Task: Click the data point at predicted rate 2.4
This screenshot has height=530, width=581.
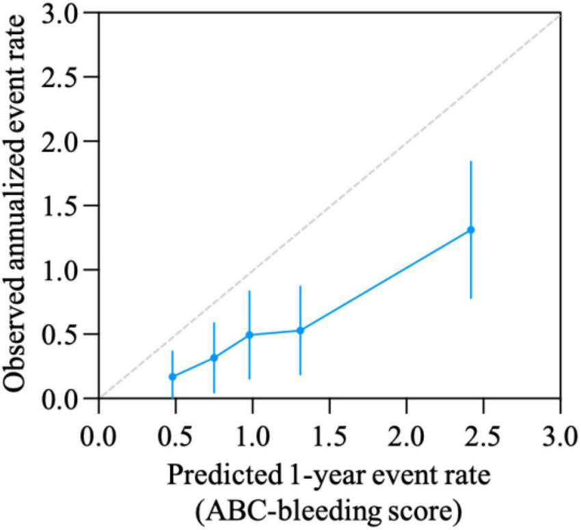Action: click(x=470, y=229)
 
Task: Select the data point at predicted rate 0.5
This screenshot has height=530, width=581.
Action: click(x=172, y=376)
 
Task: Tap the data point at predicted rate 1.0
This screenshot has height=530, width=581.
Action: click(x=249, y=335)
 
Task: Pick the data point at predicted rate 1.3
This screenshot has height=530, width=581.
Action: click(x=300, y=331)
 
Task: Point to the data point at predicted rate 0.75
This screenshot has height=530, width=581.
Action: click(x=214, y=357)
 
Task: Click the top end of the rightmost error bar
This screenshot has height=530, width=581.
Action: click(x=470, y=161)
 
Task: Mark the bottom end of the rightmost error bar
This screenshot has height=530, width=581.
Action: click(x=470, y=298)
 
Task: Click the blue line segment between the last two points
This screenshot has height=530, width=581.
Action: click(x=385, y=280)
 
